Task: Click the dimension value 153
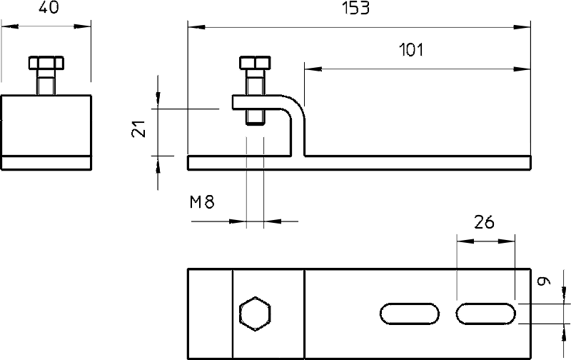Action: (355, 8)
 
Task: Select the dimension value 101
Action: (411, 50)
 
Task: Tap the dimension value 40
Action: (49, 7)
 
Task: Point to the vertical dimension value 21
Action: (138, 129)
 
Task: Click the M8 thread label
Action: (202, 202)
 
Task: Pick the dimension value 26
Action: (484, 222)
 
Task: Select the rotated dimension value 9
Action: (544, 281)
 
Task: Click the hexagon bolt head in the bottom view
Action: (255, 314)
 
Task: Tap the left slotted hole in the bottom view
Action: (409, 314)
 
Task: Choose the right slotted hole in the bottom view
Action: (486, 314)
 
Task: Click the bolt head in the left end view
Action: (46, 63)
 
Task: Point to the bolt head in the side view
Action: (255, 63)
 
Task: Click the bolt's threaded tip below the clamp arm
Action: (255, 117)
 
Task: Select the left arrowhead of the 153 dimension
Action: (196, 27)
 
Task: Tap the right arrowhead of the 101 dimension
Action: (522, 69)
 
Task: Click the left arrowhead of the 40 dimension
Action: (10, 26)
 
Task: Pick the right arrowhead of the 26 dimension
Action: (507, 241)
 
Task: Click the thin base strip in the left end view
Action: (46, 163)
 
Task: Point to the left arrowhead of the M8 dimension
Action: (238, 221)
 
